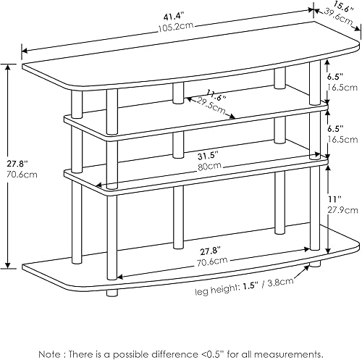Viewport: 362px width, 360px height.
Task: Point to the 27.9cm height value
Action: point(344,209)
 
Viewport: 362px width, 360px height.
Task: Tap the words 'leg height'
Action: point(220,292)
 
